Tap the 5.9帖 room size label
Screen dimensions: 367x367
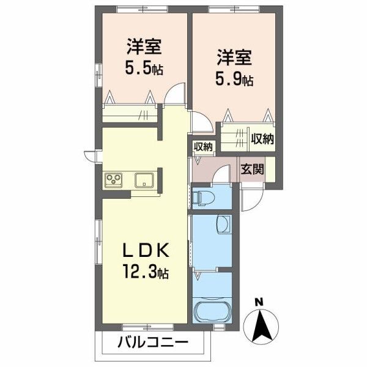tap(234, 79)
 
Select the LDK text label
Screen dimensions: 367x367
tap(146, 250)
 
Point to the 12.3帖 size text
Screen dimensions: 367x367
tap(146, 271)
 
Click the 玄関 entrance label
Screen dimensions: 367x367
tap(252, 169)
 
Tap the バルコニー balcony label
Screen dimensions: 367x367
tap(153, 343)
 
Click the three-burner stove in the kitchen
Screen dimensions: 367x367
tap(114, 180)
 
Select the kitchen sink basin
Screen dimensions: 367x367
tap(144, 180)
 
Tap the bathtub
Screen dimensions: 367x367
tap(212, 311)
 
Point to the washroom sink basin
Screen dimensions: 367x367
tap(223, 224)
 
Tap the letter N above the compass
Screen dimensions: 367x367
tap(259, 302)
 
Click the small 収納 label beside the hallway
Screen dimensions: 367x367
tap(203, 147)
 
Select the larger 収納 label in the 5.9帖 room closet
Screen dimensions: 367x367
tap(262, 139)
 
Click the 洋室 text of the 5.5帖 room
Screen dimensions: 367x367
tap(144, 47)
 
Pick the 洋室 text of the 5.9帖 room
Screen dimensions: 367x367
tap(234, 57)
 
